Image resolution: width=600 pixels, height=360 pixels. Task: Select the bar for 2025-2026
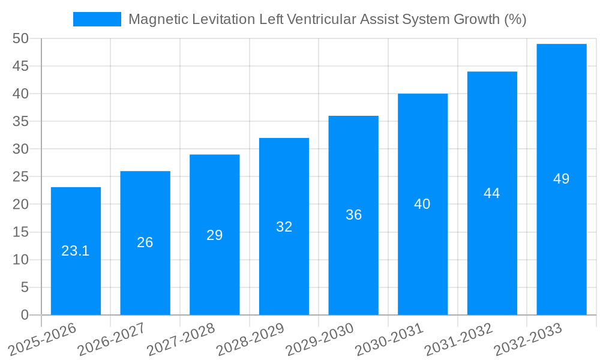(x=76, y=282)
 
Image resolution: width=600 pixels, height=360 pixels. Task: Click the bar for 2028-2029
(x=284, y=270)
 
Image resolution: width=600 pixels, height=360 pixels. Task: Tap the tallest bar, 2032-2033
(x=562, y=240)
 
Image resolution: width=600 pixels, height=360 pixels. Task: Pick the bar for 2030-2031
(x=422, y=258)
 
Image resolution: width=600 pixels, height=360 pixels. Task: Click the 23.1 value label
(x=76, y=251)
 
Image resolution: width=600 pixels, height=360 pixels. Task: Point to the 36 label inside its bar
(x=353, y=215)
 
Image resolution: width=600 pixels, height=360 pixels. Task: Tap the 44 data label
(x=492, y=193)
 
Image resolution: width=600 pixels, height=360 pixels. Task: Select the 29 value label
(x=215, y=235)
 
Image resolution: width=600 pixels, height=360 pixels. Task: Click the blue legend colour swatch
(x=97, y=19)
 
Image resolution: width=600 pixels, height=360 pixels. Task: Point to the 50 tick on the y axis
(x=20, y=38)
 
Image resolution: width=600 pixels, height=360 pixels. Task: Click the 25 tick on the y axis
(x=20, y=177)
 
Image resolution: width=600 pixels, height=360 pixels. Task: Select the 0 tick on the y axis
(x=25, y=315)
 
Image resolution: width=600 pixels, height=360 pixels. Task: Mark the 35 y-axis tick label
(x=20, y=121)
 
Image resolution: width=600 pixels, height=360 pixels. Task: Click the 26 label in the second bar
(x=145, y=242)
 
